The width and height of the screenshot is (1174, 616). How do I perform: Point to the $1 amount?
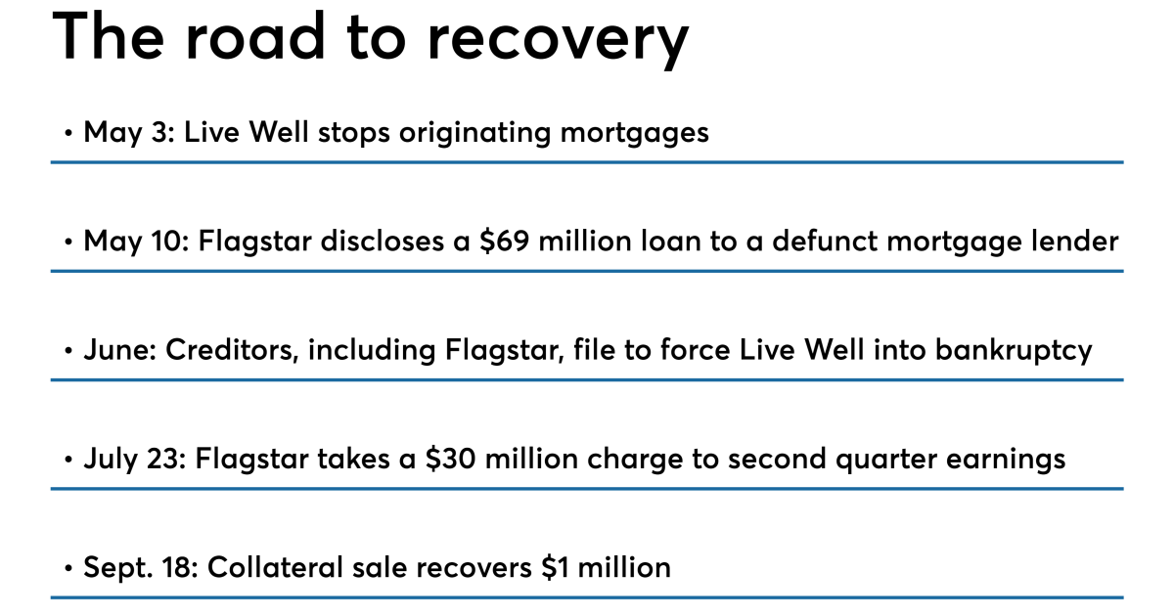click(x=558, y=566)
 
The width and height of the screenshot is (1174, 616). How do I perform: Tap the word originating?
click(x=466, y=132)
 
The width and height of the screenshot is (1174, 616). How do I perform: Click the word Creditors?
click(x=228, y=349)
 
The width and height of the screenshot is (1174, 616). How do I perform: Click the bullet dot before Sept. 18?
click(x=68, y=567)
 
